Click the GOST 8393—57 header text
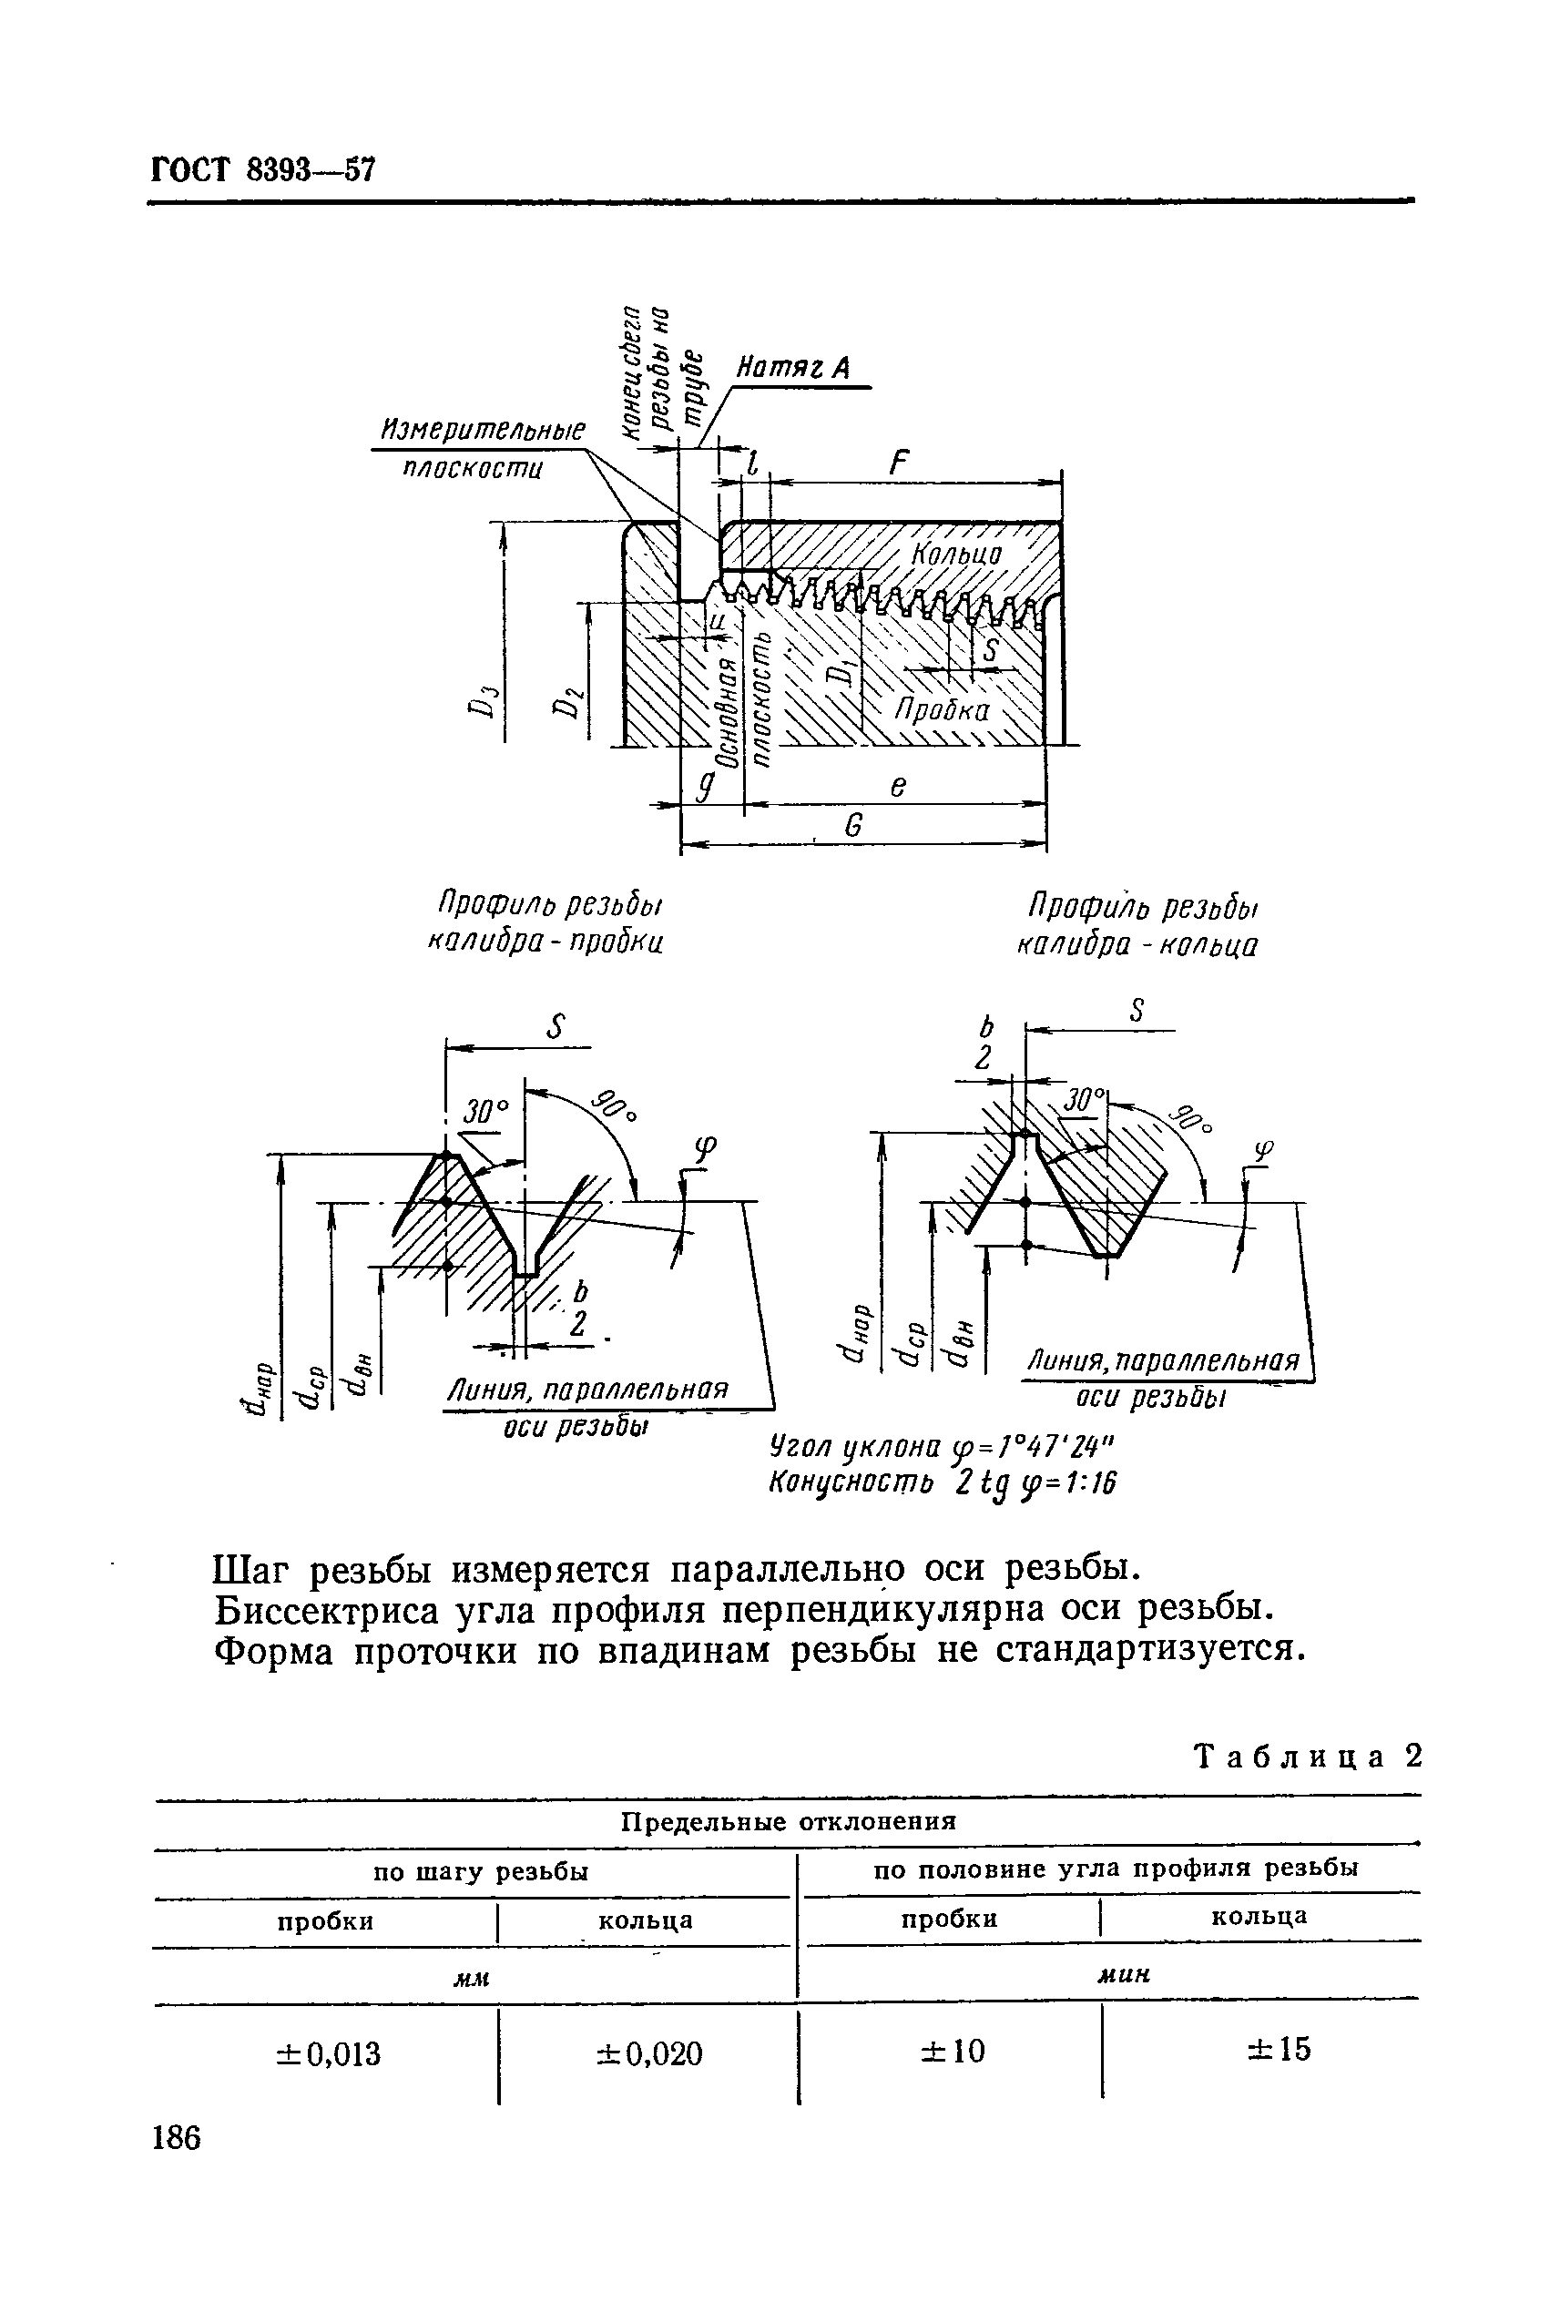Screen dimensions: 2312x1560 pos(262,170)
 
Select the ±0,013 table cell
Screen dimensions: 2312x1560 pos(327,2053)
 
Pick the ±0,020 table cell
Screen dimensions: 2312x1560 pos(648,2053)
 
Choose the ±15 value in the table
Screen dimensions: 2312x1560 pos(1279,2050)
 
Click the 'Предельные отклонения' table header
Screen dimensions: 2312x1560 pos(788,1821)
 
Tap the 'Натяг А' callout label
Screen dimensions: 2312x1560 pos(792,369)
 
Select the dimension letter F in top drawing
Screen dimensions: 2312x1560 pos(900,463)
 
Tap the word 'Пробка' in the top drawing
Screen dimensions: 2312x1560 pos(941,710)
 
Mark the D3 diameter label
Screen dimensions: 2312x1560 pos(482,703)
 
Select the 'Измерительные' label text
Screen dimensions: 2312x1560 pos(484,431)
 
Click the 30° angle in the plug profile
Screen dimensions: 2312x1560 pos(484,1110)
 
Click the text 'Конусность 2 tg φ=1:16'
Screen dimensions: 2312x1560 pos(943,1483)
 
